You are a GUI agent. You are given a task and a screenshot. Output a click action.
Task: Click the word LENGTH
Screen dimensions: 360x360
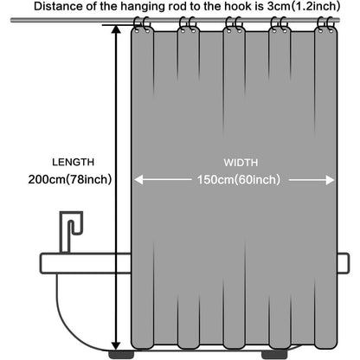coord(74,162)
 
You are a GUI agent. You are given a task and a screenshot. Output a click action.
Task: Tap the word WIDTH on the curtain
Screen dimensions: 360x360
coord(241,163)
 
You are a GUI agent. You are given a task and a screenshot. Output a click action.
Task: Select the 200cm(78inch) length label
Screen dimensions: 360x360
coord(70,179)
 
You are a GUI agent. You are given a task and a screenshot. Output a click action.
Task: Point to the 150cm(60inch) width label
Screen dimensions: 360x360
coord(239,180)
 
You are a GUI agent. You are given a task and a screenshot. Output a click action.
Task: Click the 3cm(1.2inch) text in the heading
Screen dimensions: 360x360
coord(304,6)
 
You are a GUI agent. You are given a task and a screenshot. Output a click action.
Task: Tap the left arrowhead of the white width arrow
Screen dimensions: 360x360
coord(138,180)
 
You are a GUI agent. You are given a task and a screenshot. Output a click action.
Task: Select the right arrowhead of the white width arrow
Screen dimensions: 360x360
coord(330,180)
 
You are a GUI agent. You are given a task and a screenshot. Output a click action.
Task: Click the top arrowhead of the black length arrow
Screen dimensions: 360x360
coord(116,29)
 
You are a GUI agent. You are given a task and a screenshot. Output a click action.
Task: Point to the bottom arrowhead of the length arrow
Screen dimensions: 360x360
coord(116,345)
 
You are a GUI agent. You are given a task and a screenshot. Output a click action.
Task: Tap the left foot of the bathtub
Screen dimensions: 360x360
coord(121,355)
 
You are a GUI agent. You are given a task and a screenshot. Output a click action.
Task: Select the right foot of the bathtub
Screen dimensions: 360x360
coord(273,355)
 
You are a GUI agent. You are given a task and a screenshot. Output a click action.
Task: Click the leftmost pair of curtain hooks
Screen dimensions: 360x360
coord(142,24)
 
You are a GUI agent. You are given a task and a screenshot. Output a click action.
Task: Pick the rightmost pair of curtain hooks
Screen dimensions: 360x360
coord(326,24)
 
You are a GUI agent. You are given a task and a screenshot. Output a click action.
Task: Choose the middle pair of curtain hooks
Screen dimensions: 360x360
coord(234,24)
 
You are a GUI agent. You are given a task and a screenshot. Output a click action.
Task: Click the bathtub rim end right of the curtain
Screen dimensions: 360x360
coord(344,263)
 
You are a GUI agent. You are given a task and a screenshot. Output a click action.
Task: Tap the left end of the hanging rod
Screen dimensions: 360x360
coord(11,20)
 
